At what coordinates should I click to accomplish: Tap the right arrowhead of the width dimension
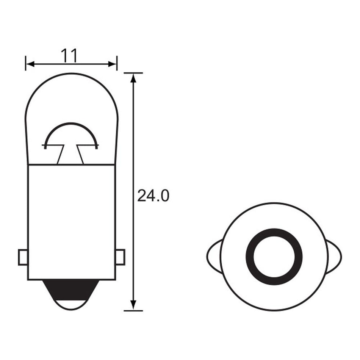tap(113, 64)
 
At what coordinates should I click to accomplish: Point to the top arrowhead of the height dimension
tap(133, 77)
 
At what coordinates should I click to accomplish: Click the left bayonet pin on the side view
tap(23, 257)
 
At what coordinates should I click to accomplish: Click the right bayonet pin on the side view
tap(121, 257)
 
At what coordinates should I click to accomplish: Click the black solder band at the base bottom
tap(71, 286)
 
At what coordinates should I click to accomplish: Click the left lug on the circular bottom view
tap(214, 256)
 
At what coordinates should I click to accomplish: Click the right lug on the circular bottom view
tap(335, 256)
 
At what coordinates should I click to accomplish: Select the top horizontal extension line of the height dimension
tap(133, 72)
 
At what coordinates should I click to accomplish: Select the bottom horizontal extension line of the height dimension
tap(133, 311)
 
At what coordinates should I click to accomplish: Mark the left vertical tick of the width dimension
tap(26, 63)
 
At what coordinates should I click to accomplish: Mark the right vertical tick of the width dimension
tap(117, 63)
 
